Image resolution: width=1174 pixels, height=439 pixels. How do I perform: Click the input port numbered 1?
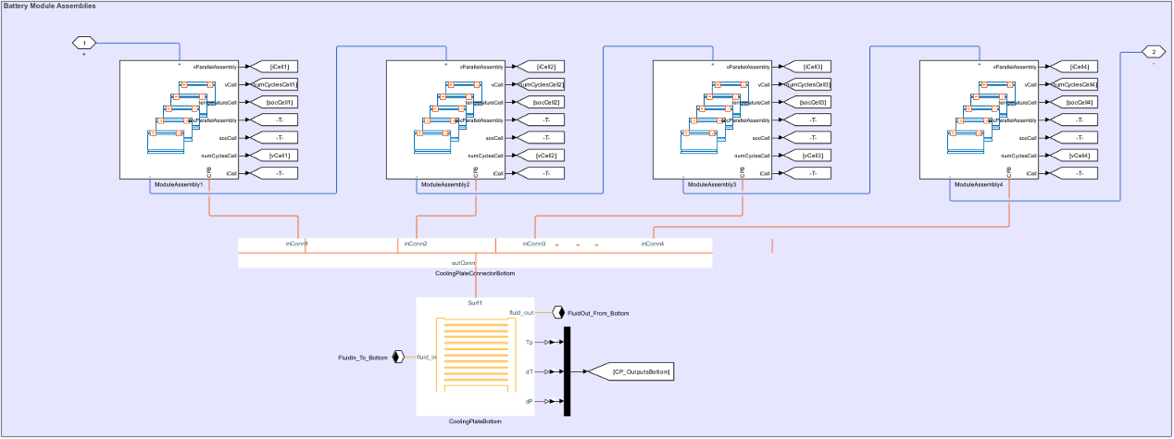[x=84, y=43]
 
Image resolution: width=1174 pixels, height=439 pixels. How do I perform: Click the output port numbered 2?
[x=1153, y=52]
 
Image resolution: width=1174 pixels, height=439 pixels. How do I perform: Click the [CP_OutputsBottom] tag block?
[x=642, y=372]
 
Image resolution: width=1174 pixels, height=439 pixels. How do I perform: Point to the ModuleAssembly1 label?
[x=179, y=185]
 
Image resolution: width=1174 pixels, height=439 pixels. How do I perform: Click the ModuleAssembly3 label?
[x=712, y=185]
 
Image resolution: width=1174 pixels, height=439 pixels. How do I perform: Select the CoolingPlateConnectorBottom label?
[x=475, y=274]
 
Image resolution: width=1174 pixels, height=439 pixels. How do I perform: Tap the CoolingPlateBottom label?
[x=475, y=422]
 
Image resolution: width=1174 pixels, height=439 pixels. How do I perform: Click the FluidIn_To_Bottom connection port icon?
[x=398, y=357]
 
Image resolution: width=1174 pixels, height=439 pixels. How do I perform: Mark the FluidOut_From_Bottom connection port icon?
[x=558, y=313]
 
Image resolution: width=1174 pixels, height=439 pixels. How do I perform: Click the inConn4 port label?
[x=653, y=244]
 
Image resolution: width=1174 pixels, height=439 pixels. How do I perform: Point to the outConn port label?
[x=463, y=263]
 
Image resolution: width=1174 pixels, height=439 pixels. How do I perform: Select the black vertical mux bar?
[x=568, y=371]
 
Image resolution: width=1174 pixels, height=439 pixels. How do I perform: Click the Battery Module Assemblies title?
[x=50, y=6]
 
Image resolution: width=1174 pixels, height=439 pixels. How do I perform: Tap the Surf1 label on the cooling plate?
[x=475, y=303]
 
